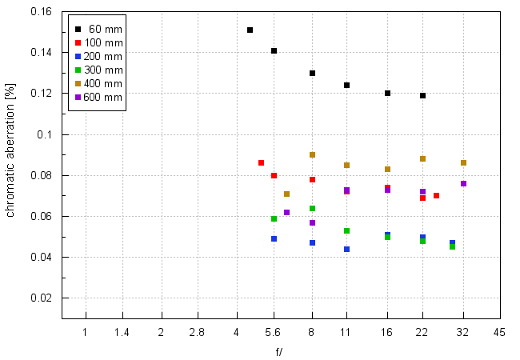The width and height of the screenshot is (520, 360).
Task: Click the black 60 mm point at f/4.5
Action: pyautogui.click(x=250, y=30)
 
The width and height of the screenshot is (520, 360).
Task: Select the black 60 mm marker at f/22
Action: pyautogui.click(x=422, y=95)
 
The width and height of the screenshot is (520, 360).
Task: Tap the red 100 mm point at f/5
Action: pyautogui.click(x=261, y=162)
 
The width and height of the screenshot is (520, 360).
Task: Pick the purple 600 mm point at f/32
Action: pyautogui.click(x=463, y=183)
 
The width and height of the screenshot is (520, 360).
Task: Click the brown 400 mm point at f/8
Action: pyautogui.click(x=312, y=155)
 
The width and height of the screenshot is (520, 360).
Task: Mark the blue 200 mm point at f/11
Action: pyautogui.click(x=346, y=249)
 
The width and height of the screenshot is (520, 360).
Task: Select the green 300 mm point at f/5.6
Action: pyautogui.click(x=274, y=218)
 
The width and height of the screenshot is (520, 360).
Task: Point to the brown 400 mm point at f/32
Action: pyautogui.click(x=463, y=162)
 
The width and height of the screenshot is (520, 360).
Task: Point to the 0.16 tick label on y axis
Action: pyautogui.click(x=41, y=12)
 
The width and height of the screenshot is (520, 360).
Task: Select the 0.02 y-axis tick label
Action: pyautogui.click(x=41, y=298)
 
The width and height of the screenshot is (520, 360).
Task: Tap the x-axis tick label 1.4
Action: pyautogui.click(x=122, y=332)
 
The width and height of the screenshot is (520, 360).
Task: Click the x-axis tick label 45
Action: pyautogui.click(x=498, y=332)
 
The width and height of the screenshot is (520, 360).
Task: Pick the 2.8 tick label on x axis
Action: pyautogui.click(x=198, y=332)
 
